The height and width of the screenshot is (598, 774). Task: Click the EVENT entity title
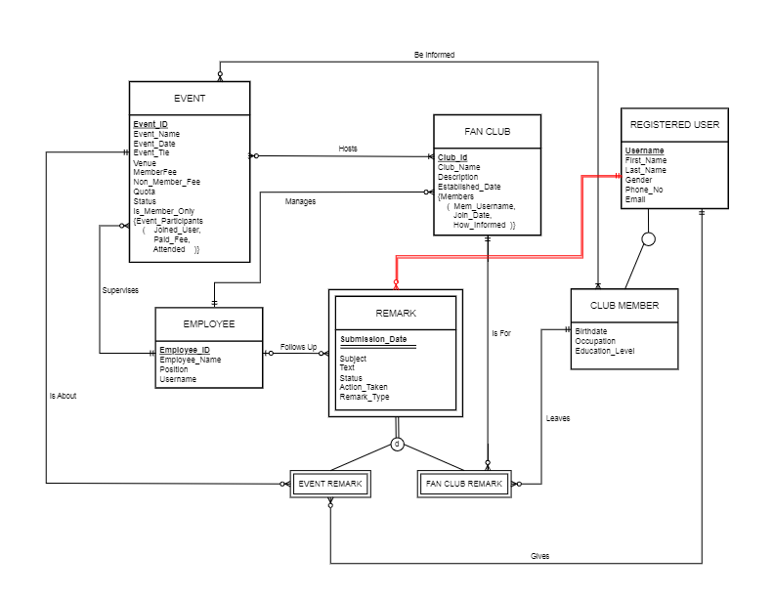click(x=190, y=99)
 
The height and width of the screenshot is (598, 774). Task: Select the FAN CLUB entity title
click(x=487, y=131)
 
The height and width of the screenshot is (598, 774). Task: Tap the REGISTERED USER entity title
click(x=674, y=125)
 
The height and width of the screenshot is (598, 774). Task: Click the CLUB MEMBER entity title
click(x=624, y=306)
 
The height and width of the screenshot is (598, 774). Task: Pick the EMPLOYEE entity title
click(x=209, y=323)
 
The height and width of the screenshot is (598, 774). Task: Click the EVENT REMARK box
click(x=330, y=484)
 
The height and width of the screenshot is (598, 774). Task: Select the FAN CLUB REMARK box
click(x=464, y=484)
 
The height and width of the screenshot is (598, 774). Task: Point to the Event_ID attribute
click(x=150, y=124)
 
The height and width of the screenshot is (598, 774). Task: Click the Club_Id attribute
click(x=452, y=157)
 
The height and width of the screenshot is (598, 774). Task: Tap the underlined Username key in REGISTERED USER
click(x=644, y=150)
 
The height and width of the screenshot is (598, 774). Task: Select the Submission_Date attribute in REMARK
click(x=373, y=339)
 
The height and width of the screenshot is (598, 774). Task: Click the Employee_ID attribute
click(x=185, y=350)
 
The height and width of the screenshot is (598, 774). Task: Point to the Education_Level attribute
click(x=604, y=351)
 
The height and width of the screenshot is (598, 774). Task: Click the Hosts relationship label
click(x=348, y=149)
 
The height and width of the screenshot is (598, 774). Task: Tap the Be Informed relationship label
click(x=434, y=55)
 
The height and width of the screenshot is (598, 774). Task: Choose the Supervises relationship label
click(x=120, y=290)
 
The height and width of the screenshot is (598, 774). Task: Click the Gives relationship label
click(x=539, y=556)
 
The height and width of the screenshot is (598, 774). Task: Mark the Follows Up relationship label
click(x=298, y=347)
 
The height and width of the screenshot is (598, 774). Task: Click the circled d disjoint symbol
click(x=398, y=444)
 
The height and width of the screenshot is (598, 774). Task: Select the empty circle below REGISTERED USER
click(x=647, y=238)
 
